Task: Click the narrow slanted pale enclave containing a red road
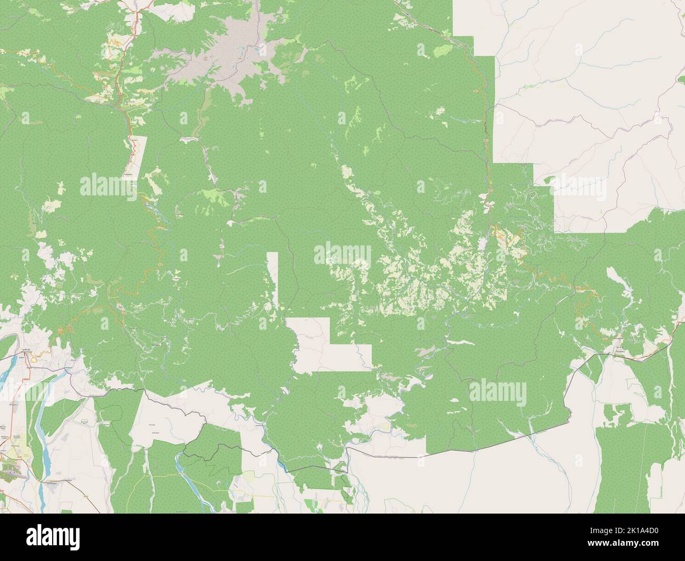[x=135, y=157]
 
